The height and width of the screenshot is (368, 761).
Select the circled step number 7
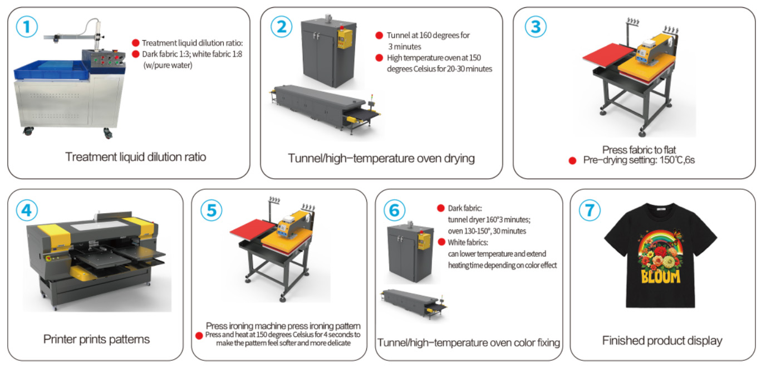590,210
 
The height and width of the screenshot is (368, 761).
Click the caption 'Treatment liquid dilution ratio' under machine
135,157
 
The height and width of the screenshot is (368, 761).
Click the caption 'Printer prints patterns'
96,339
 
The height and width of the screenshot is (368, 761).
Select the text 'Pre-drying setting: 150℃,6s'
639,160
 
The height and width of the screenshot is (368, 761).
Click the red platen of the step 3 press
608,56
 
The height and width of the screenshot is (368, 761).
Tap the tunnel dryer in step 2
323,109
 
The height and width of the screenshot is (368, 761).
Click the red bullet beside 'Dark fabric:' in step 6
441,208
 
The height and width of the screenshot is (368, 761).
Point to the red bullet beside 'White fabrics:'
441,242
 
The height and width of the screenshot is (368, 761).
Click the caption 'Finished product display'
662,341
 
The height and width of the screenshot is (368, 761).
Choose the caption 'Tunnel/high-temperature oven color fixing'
469,342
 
